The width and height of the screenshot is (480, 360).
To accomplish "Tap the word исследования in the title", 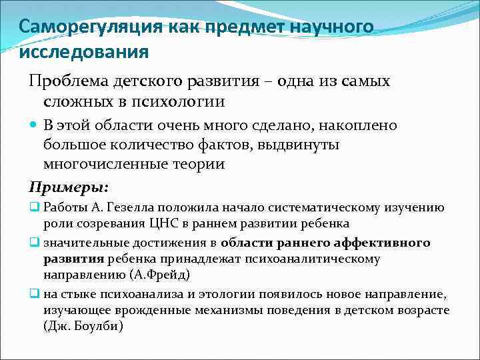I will click(x=84, y=51).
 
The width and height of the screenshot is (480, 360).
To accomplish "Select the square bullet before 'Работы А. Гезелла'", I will click(x=35, y=207).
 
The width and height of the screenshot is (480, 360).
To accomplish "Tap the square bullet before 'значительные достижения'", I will click(x=35, y=242).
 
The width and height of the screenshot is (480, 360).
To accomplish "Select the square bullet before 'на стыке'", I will click(x=35, y=294).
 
